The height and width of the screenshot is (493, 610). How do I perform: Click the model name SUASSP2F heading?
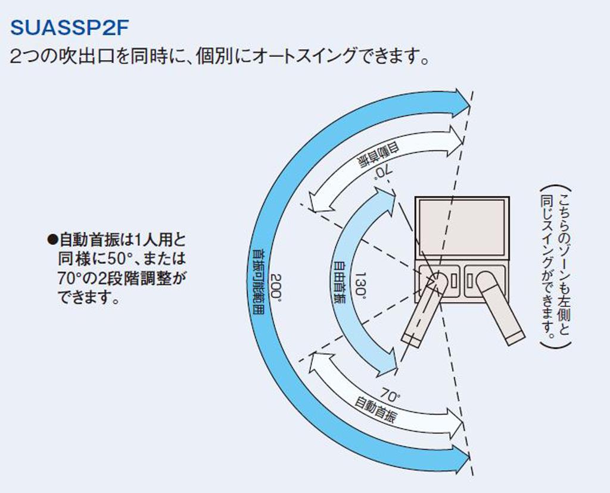[x=70, y=27]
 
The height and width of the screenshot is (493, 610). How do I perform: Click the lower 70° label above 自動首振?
[x=390, y=395]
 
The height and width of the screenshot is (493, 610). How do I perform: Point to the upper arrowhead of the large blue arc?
[x=461, y=103]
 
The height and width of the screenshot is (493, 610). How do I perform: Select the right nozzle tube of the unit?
[x=499, y=309]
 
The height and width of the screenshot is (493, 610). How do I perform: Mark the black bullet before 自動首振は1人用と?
[x=52, y=241]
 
